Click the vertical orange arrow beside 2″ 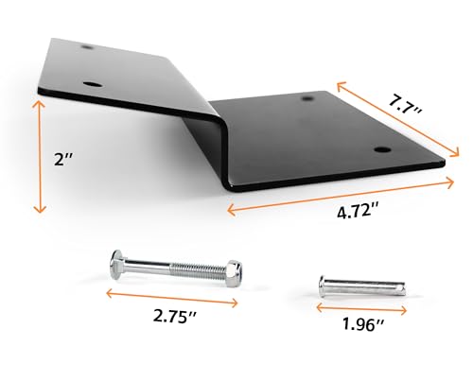click(x=39, y=158)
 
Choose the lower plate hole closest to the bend click(x=308, y=98)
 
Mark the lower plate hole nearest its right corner click(x=381, y=149)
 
